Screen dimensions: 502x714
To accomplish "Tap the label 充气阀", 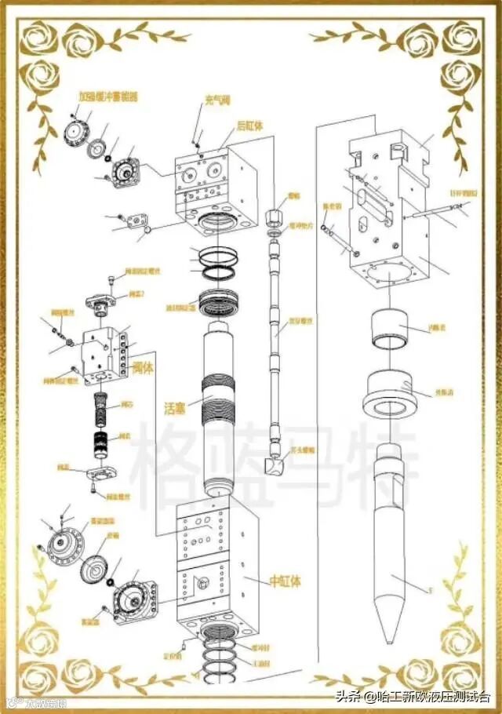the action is coord(215,100).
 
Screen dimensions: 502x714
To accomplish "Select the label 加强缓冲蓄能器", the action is coord(108,97).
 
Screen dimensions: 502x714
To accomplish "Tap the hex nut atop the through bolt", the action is coord(274,215).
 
